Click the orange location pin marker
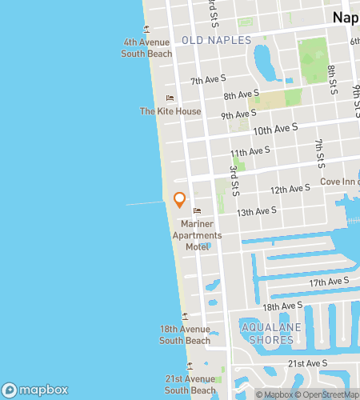[179, 200]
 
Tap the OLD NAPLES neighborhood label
[216, 40]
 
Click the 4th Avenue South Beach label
[146, 48]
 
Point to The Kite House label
[170, 111]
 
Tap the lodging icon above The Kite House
[170, 98]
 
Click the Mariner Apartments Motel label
[197, 235]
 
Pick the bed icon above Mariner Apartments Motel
[196, 211]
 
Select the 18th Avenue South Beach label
[185, 334]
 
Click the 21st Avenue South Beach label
[190, 384]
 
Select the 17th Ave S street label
[330, 282]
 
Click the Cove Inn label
[339, 182]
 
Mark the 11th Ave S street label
[250, 151]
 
